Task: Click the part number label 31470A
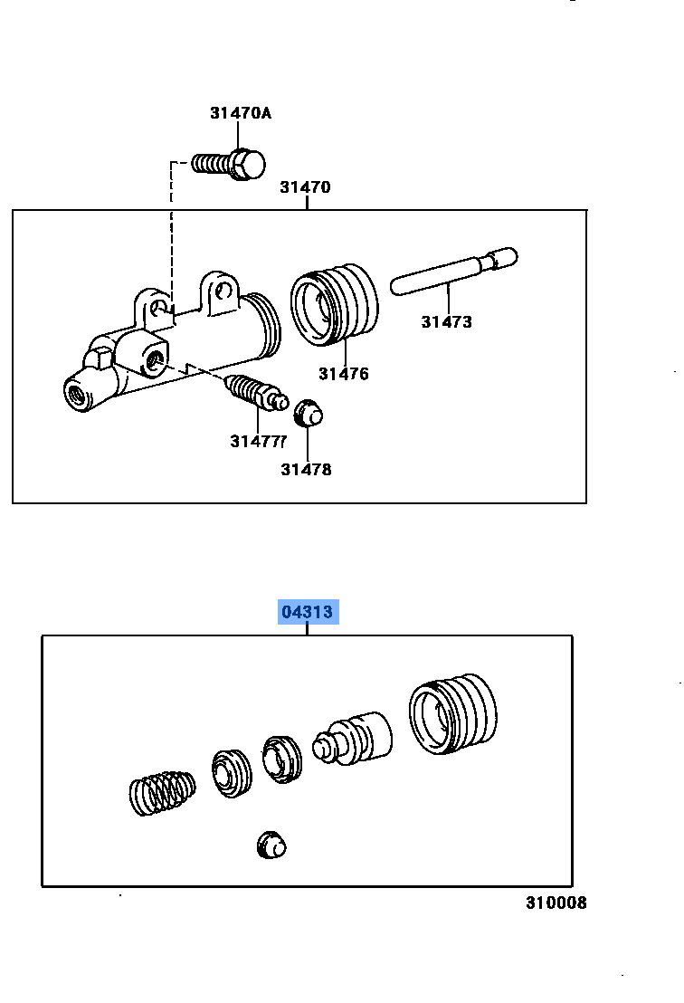(241, 113)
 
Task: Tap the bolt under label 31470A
(229, 165)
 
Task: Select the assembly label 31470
(306, 187)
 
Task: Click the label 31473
(446, 321)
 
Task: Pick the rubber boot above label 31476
(334, 304)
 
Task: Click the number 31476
(344, 374)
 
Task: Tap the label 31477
(258, 442)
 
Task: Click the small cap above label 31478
(309, 413)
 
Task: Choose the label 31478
(306, 470)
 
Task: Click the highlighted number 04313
(308, 612)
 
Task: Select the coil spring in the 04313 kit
(162, 793)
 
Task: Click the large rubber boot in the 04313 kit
(453, 713)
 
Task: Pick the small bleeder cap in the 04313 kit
(271, 845)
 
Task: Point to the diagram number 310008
(556, 903)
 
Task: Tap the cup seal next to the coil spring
(232, 773)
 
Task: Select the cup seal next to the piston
(282, 759)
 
